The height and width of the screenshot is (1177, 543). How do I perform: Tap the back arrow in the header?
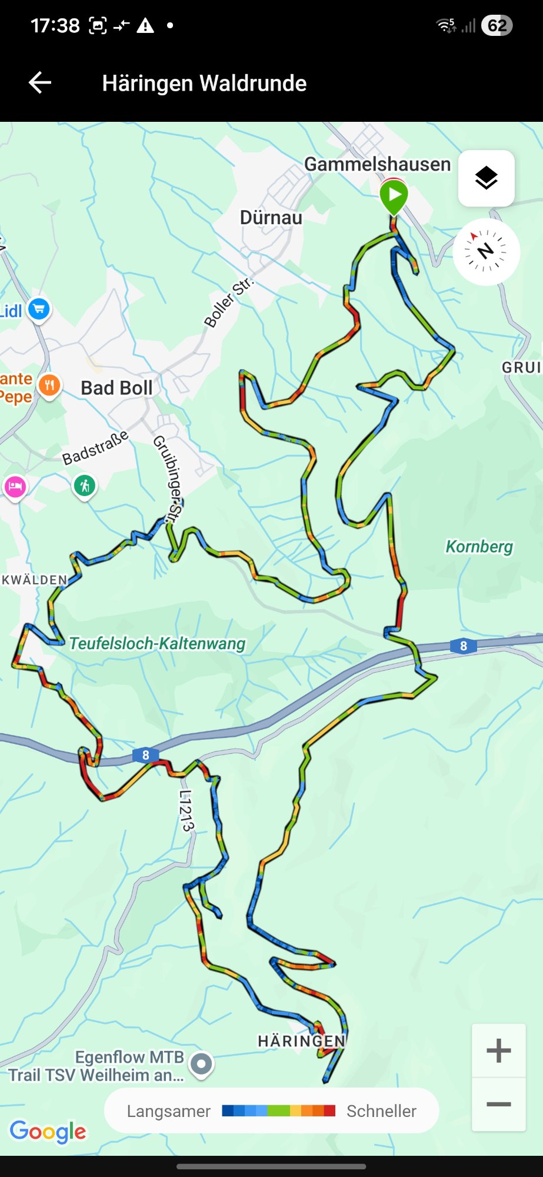pos(40,83)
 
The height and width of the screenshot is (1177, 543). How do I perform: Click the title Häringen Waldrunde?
pos(204,84)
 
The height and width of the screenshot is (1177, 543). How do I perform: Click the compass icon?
pos(486,252)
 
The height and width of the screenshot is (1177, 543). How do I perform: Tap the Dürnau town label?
pos(271,218)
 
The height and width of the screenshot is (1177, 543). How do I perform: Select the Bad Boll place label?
pos(116,388)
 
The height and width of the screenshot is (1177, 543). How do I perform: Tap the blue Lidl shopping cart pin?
pos(39,308)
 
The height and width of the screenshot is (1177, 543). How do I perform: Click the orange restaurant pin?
pos(49,386)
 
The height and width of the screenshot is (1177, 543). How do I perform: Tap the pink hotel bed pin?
pos(15,487)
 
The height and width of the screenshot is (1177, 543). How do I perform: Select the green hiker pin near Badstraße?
pos(85,486)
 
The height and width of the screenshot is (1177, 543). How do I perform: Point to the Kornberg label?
pos(479,546)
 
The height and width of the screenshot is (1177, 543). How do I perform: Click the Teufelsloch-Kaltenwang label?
pos(157,643)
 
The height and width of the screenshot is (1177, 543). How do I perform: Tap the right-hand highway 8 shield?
pos(463,646)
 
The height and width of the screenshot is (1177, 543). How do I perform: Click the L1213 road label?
pos(186,810)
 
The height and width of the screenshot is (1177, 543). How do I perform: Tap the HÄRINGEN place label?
pos(301,1041)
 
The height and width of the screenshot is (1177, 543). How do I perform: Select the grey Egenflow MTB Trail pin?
pos(201,1064)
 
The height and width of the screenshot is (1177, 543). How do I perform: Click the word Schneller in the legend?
pos(381,1111)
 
